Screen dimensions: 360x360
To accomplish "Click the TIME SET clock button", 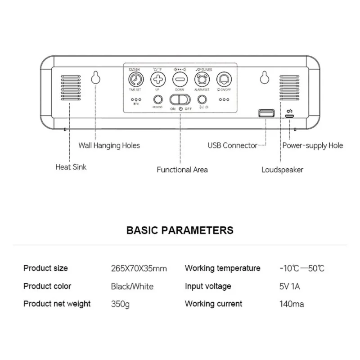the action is point(134,80).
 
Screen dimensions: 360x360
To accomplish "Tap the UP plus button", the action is point(157,80).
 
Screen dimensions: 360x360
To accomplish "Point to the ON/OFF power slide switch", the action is point(180,99).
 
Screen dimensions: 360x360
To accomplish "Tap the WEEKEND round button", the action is point(157,99).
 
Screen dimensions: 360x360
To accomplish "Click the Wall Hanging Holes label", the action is point(109,145).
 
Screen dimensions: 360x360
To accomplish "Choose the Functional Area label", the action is point(182,170).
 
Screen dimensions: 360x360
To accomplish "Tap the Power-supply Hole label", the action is point(312,145).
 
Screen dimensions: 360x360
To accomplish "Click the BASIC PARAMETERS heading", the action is point(180,230).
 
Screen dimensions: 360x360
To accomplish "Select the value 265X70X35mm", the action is point(139,269).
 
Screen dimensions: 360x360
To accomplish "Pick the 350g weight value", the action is point(120,304).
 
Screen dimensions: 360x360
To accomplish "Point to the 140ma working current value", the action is point(291,304).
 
